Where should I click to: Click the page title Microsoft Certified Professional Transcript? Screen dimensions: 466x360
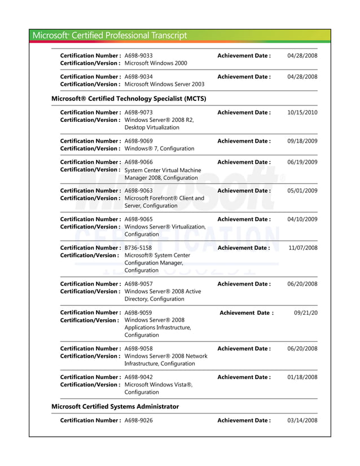tap(110, 36)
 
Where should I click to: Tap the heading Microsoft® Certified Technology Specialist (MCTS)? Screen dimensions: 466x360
tap(129, 99)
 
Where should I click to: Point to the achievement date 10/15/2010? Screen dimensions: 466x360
tap(302, 113)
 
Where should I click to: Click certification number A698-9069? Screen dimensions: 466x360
tap(138, 141)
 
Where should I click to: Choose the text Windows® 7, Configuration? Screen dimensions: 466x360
tap(159, 149)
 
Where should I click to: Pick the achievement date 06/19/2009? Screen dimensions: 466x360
tap(302, 162)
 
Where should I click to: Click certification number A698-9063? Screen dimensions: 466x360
tap(138, 191)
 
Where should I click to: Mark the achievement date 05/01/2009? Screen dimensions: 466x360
tap(302, 191)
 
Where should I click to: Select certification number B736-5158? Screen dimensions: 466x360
tap(138, 248)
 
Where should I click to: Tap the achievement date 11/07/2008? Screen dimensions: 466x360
tap(302, 248)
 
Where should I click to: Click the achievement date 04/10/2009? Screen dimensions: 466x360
tap(302, 219)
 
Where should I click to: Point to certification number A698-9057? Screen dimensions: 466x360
tap(138, 284)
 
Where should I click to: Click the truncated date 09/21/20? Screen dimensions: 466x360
tap(306, 313)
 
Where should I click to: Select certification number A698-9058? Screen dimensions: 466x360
tap(138, 349)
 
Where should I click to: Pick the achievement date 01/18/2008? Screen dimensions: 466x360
tap(302, 377)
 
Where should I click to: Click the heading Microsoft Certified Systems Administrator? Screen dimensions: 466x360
tap(115, 406)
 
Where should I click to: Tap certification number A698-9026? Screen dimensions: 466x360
tap(138, 420)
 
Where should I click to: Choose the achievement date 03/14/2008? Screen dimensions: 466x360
tap(302, 420)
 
